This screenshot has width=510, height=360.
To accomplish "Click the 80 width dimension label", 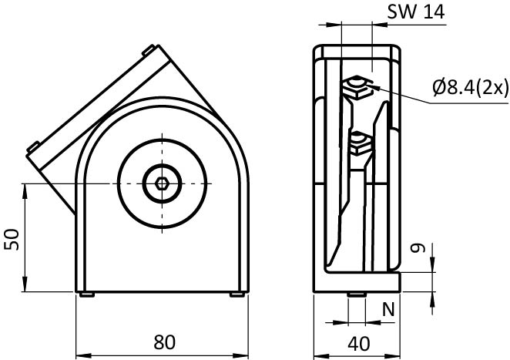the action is tap(165, 342).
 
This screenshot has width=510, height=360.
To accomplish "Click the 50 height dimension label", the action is tap(12, 239).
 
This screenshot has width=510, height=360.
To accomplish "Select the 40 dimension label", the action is tap(359, 344).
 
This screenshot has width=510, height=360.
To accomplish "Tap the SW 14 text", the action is tap(416, 12).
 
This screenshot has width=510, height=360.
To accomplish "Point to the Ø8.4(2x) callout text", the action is tap(470, 87).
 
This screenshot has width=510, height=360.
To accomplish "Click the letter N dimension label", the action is tap(388, 309).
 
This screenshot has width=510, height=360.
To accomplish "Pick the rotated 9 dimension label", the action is tap(418, 248).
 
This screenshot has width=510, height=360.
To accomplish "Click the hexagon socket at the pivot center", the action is tap(162, 184).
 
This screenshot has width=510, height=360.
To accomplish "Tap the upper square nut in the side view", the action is tap(357, 88).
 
